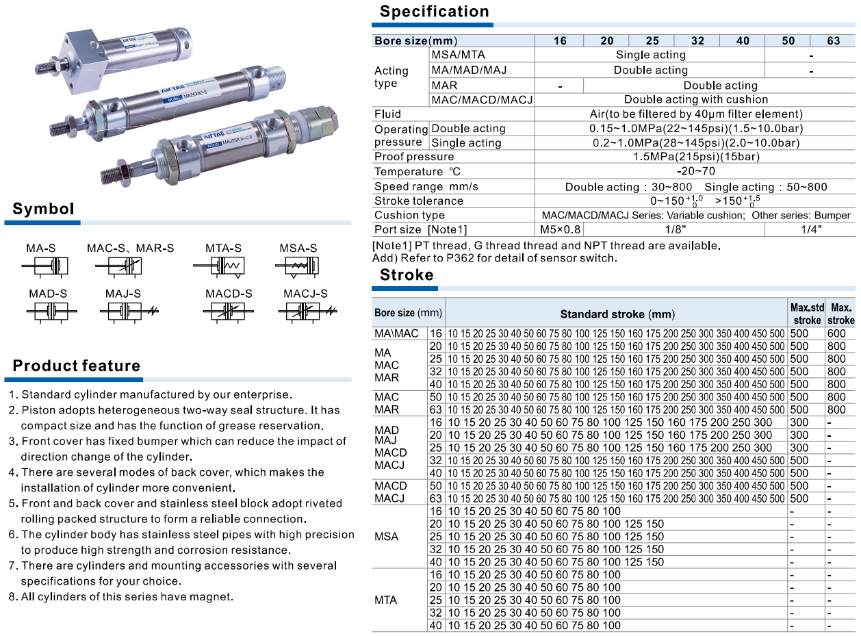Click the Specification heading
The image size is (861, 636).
point(435,12)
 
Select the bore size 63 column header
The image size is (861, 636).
point(833,40)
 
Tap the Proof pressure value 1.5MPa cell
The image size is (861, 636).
point(695,157)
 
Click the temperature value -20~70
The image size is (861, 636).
point(695,171)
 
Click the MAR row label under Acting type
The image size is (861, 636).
point(444,86)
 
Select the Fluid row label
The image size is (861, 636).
point(387,114)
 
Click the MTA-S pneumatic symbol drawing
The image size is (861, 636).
point(223,266)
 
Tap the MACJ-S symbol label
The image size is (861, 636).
point(305,294)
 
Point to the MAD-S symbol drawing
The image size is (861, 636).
point(48,311)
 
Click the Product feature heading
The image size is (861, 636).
point(77,366)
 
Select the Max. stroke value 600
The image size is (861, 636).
point(836,333)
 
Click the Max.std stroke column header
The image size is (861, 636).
point(807,314)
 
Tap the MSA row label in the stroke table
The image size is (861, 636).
point(386,536)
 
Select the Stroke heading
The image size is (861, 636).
point(407,275)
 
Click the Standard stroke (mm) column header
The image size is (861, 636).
point(617,314)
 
